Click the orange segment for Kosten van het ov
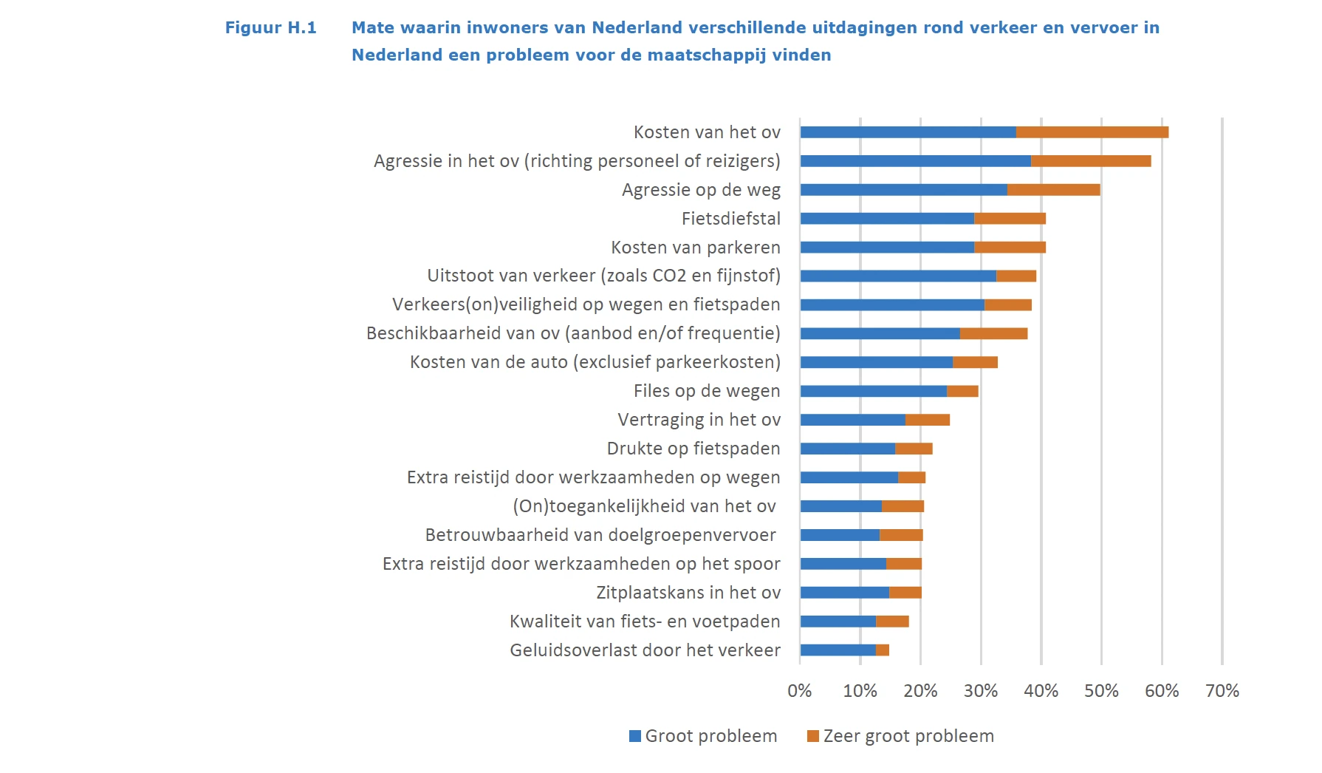1092,132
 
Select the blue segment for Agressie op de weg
903,190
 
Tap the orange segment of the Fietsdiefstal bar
1010,219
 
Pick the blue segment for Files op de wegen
874,391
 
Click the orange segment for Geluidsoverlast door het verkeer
883,650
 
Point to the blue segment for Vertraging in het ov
853,420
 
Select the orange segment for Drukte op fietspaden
914,449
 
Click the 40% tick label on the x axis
1041,691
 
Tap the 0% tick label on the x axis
800,691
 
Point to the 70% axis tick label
1222,691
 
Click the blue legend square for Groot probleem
635,736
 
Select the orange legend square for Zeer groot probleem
813,736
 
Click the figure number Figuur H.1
270,28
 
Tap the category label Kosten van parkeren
695,248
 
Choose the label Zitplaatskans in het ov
688,593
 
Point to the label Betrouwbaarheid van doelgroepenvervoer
600,535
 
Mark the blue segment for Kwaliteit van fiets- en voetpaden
838,622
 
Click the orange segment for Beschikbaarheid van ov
993,334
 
